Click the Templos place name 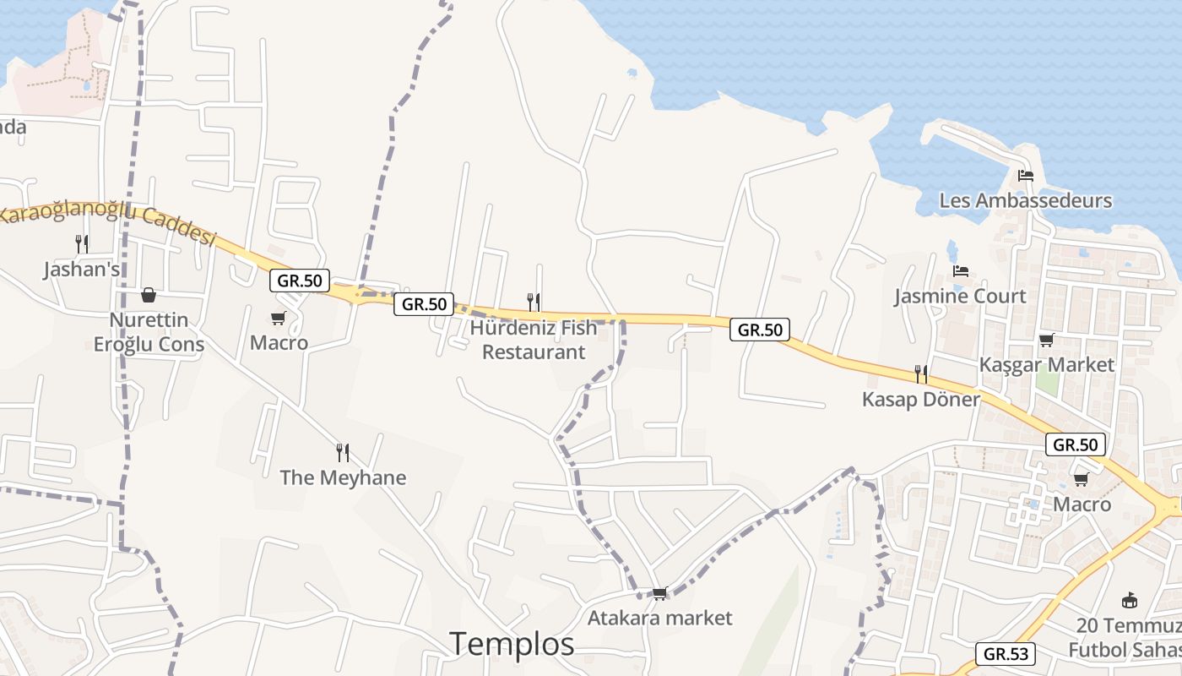click(512, 644)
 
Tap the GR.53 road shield click(1005, 653)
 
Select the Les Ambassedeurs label click(1025, 201)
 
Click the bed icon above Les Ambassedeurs click(1026, 176)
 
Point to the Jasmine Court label click(960, 297)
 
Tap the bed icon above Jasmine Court click(961, 271)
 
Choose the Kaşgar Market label click(1046, 365)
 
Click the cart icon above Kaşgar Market click(1046, 340)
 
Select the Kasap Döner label click(920, 399)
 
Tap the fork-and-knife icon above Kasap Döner click(921, 373)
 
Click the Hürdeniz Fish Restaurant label click(534, 340)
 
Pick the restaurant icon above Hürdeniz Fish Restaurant click(534, 302)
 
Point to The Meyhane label click(343, 477)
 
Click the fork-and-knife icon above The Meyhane click(343, 452)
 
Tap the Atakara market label click(659, 618)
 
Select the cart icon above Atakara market click(660, 593)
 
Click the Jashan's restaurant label click(81, 270)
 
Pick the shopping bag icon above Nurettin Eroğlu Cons click(149, 295)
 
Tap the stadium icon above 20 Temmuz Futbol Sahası click(1129, 601)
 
